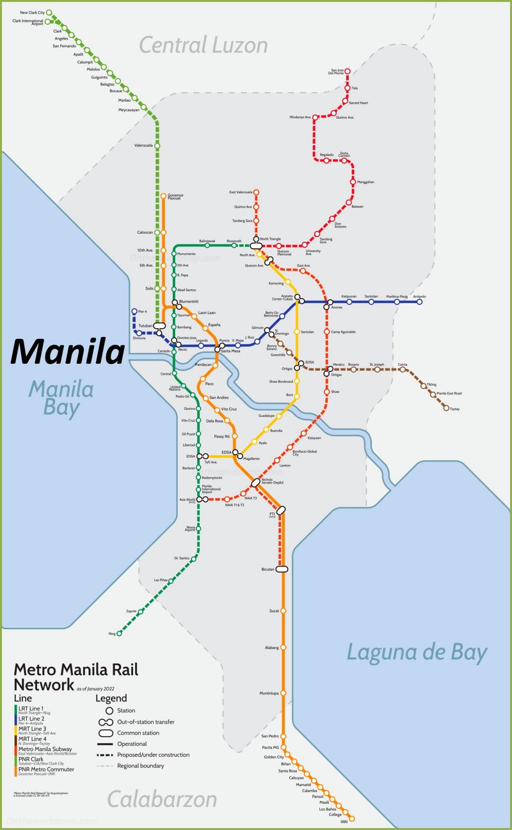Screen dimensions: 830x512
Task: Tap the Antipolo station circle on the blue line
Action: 420,302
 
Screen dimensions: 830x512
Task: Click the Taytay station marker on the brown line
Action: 446,407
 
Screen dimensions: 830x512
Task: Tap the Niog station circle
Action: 119,634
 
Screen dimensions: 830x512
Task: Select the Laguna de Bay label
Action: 417,652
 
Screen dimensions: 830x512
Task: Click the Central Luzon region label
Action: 204,45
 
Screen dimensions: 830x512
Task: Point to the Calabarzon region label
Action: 161,799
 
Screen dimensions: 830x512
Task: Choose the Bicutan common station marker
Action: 282,568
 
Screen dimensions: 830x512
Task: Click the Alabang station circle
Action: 283,648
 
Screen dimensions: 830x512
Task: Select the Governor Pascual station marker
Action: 163,196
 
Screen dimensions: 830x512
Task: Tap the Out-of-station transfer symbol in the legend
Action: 106,722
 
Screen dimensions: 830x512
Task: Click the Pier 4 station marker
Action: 134,311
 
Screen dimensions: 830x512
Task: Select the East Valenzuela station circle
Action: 256,192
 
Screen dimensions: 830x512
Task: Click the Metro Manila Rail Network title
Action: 76,677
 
